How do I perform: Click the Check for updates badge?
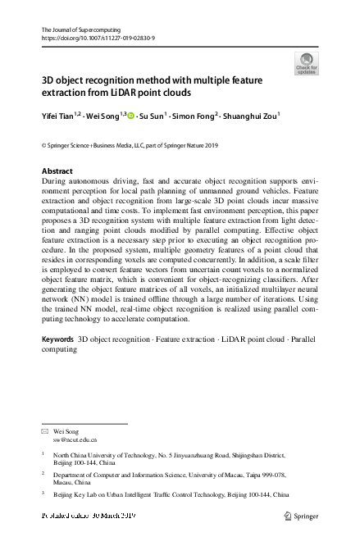pos(307,64)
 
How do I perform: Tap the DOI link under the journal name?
pos(98,38)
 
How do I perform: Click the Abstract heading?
pos(57,171)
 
